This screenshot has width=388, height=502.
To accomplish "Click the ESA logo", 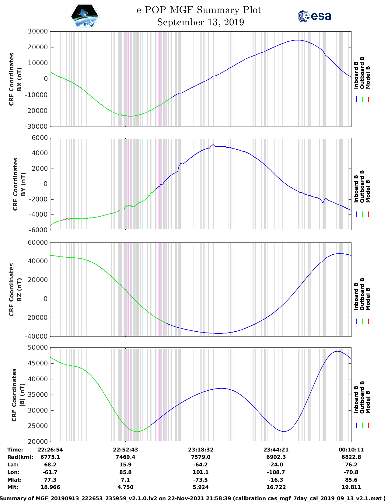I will point(314,16).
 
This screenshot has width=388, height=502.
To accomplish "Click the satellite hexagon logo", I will point(85,16).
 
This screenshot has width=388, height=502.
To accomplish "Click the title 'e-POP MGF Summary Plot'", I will point(199,10).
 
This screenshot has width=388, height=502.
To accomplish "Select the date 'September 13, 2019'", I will point(201,22).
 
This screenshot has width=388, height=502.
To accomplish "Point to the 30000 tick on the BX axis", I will point(38,31).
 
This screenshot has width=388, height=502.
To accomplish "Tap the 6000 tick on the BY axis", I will point(40,138).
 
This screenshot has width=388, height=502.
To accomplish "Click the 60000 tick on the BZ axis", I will point(38,242).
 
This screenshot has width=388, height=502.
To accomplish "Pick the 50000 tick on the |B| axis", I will point(38,347).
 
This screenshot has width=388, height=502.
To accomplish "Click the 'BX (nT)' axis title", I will point(19,79).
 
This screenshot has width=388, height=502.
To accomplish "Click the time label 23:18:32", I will point(201,449).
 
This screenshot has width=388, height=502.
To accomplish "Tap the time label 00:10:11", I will point(351,449).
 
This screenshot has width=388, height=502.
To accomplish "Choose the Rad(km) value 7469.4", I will point(125,457).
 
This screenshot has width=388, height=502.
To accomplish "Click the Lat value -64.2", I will point(201,465).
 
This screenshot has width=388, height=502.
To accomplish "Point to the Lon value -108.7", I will point(276,472).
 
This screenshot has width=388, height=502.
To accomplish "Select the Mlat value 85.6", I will point(351,480).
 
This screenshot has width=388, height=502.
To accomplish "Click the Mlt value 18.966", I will point(50,487).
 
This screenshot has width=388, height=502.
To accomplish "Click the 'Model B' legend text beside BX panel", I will point(368,77).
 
